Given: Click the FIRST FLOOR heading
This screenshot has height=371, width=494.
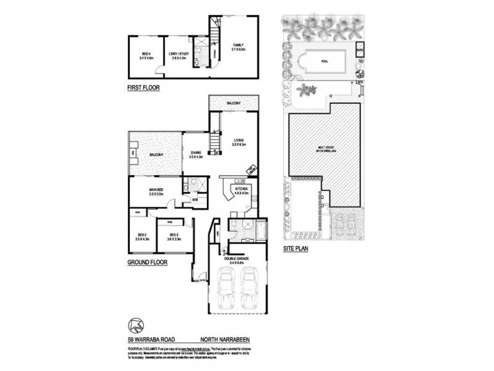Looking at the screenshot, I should pos(143,88).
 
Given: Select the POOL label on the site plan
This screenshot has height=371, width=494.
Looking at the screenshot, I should pos(324,61).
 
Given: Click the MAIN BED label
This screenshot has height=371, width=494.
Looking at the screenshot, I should pos(156,191).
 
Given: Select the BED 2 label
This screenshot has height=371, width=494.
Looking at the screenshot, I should pos(143,237).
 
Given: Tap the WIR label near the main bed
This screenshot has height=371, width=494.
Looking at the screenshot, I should pos(195,200).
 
